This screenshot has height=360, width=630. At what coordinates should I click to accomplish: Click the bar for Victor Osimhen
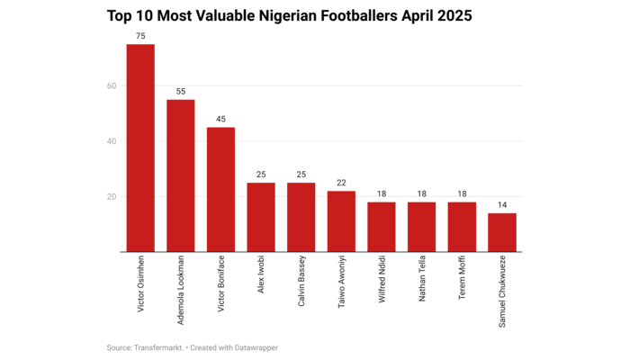pyautogui.click(x=140, y=148)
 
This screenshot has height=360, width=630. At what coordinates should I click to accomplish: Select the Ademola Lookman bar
pyautogui.click(x=181, y=175)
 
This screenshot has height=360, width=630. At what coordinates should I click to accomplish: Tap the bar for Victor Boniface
pyautogui.click(x=220, y=190)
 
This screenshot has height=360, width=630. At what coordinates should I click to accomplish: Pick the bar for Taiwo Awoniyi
pyautogui.click(x=341, y=221)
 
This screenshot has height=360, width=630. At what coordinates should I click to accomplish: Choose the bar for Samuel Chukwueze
pyautogui.click(x=502, y=232)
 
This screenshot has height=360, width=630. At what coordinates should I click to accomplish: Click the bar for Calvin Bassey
pyautogui.click(x=301, y=217)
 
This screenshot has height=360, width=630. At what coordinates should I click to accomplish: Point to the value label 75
pyautogui.click(x=140, y=36)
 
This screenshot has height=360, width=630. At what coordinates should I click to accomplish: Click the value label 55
pyautogui.click(x=181, y=92)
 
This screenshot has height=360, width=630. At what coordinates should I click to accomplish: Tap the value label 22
pyautogui.click(x=341, y=183)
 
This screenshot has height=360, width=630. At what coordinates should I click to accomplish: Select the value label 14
pyautogui.click(x=502, y=205)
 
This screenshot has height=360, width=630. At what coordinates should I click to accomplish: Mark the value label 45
pyautogui.click(x=220, y=119)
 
